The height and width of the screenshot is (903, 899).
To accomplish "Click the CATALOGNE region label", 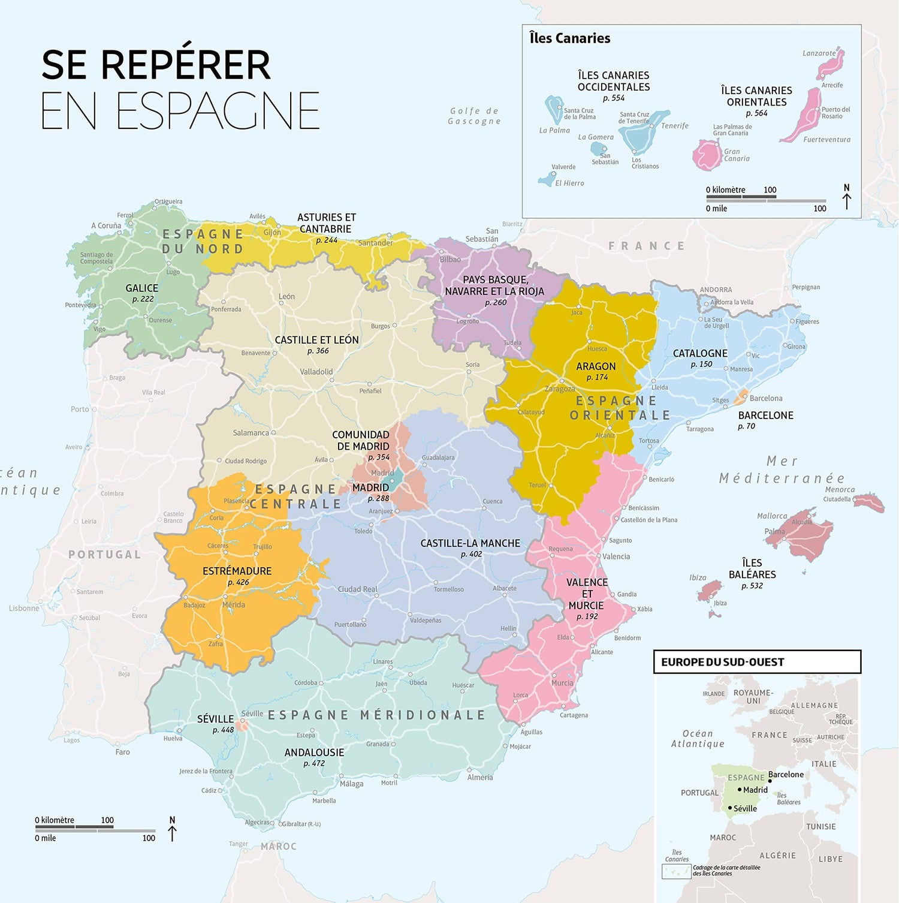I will point(700,353).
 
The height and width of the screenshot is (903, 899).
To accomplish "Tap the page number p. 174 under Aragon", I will point(597,377).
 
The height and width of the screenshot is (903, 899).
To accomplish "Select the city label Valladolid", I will point(316,372).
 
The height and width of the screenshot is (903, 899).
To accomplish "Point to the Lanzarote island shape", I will point(832,63).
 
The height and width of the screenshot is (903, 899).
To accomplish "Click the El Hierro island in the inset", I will point(547,179).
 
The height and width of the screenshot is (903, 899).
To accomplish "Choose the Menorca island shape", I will point(870,502).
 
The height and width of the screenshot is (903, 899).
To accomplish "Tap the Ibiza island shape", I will point(710,590).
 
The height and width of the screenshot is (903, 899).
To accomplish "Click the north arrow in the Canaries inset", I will point(846,197).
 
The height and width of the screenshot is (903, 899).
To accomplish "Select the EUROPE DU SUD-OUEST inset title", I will point(722,662).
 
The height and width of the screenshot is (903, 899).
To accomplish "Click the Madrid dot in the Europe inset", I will point(740,790).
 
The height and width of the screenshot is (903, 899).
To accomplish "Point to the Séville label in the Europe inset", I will point(745,808).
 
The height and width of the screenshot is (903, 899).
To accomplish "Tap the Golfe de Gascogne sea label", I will point(474,116).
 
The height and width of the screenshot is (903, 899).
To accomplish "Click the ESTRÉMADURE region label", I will point(237,571).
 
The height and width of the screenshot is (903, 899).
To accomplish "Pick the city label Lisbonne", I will point(24,608).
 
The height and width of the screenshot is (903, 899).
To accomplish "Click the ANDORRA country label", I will point(716,290).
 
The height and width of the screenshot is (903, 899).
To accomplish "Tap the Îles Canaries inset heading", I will point(569,38).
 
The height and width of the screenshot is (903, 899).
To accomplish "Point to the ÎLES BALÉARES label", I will point(752,568).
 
